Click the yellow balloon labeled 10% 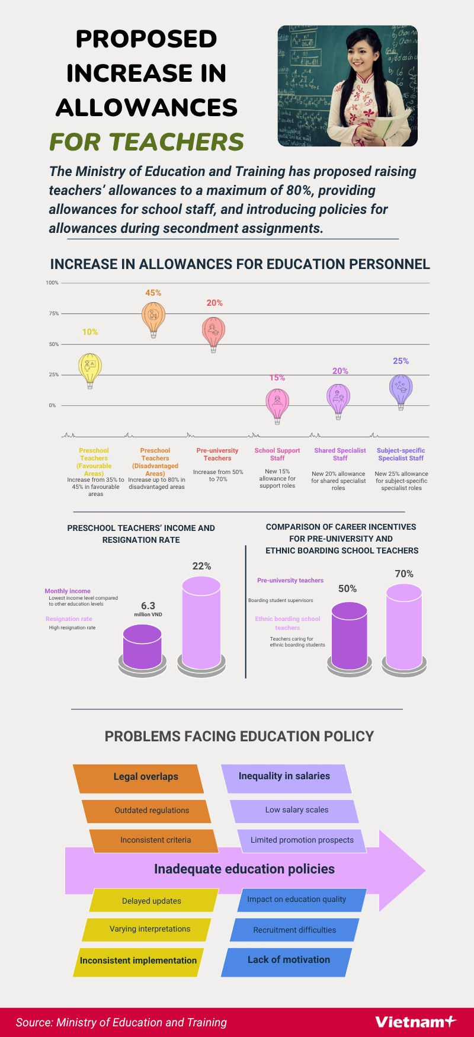pyautogui.click(x=90, y=368)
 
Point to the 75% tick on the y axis pyautogui.click(x=54, y=313)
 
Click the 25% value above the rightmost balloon pyautogui.click(x=401, y=361)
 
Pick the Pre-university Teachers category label pyautogui.click(x=217, y=454)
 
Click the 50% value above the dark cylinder pyautogui.click(x=347, y=588)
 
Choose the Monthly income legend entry pyautogui.click(x=68, y=591)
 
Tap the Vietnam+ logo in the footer pyautogui.click(x=415, y=1021)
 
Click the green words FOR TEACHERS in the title pyautogui.click(x=146, y=142)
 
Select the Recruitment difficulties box pyautogui.click(x=294, y=930)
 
